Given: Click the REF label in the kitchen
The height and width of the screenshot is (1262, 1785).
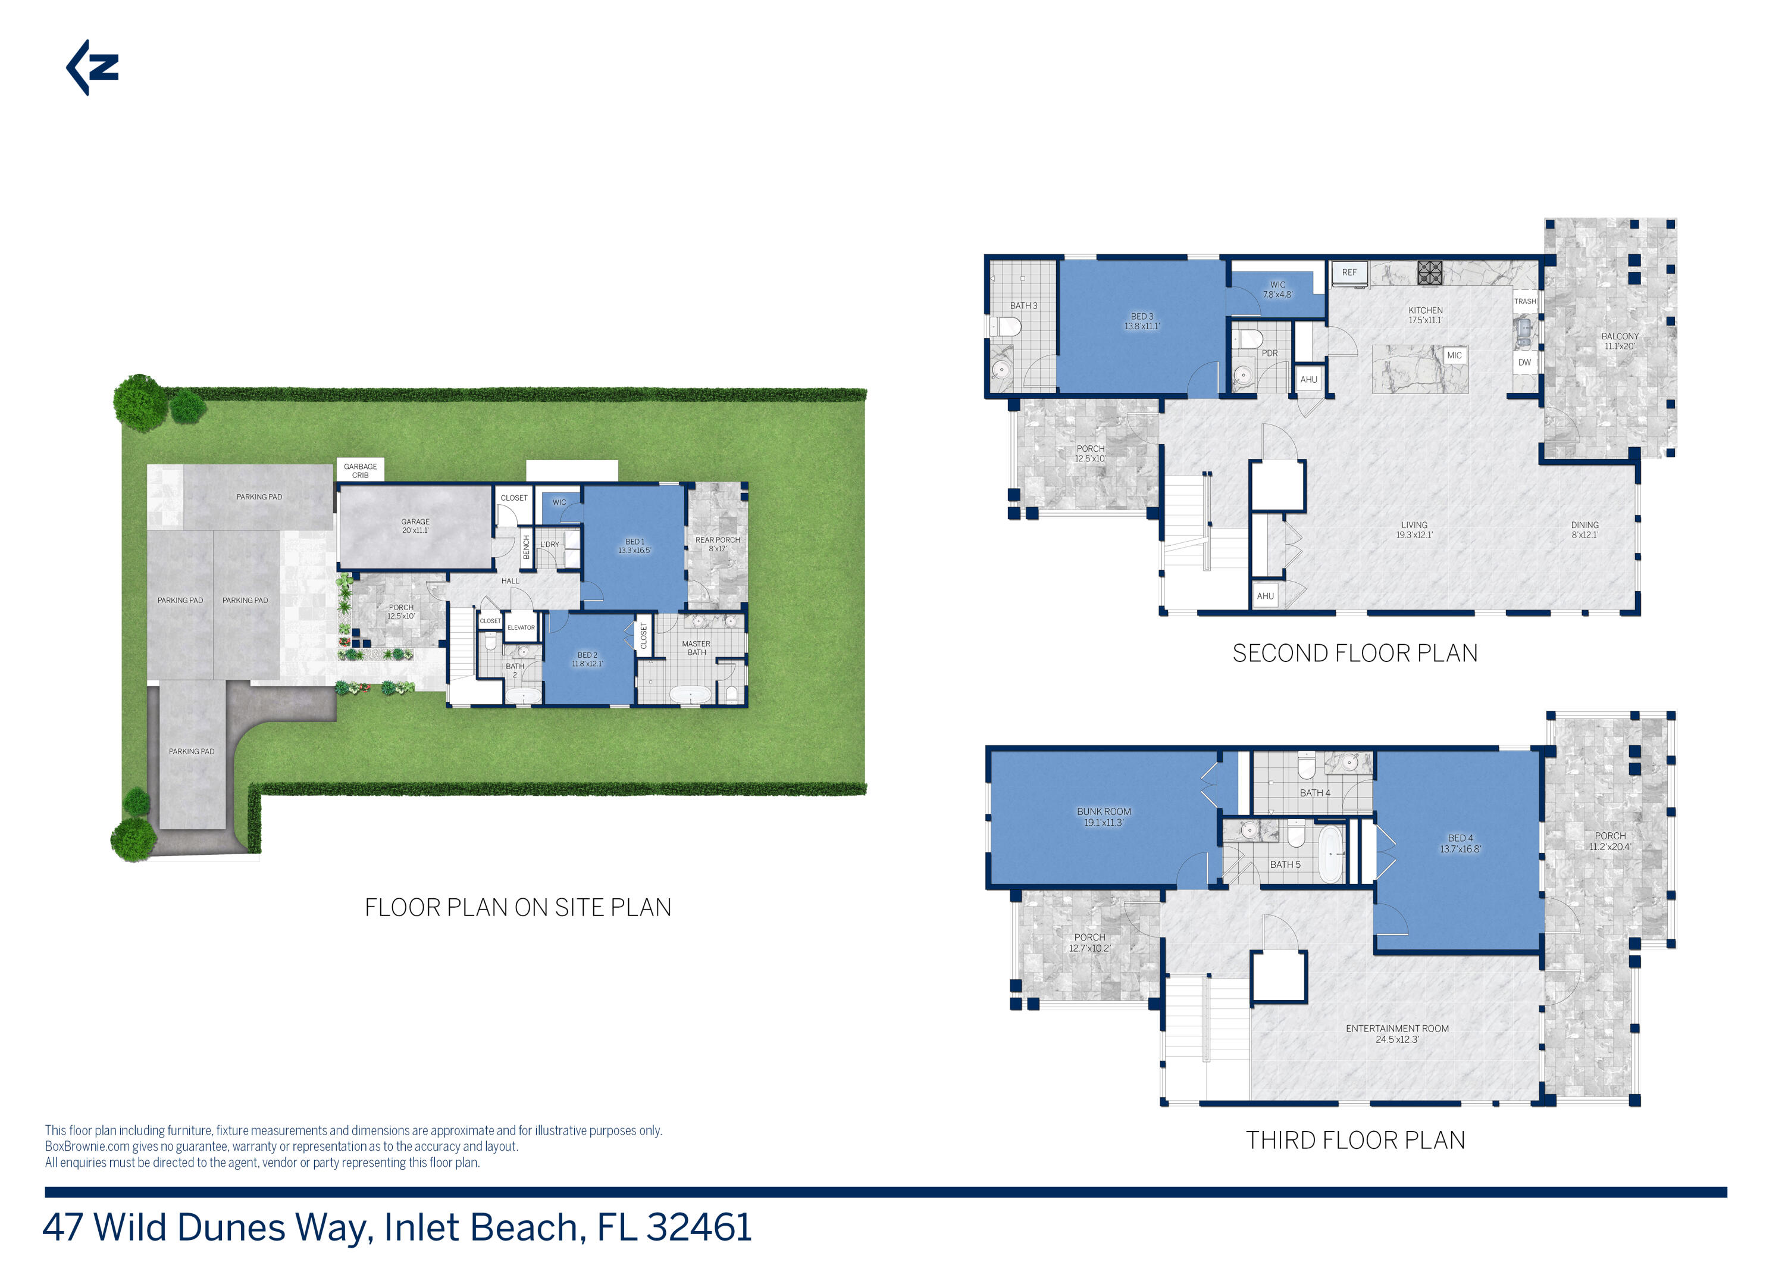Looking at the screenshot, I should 1349,273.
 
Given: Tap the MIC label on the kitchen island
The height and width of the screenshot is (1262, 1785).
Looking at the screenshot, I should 1454,355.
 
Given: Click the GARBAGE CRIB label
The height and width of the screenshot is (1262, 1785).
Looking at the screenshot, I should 360,470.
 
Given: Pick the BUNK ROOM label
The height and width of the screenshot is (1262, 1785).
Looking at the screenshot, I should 1103,817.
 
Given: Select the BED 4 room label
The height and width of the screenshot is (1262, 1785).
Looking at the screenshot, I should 1460,844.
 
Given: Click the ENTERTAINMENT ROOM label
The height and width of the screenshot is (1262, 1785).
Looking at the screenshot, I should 1397,1033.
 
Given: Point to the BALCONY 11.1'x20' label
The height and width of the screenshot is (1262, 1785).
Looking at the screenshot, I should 1620,341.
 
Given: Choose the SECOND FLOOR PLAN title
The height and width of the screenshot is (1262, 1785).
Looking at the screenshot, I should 1354,653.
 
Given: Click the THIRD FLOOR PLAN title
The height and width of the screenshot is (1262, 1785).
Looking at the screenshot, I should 1355,1140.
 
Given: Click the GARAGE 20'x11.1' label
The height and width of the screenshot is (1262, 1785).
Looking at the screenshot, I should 415,526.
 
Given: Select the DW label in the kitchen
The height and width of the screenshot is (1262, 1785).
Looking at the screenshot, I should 1524,363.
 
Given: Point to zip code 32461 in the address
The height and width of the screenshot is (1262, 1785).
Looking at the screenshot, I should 699,1228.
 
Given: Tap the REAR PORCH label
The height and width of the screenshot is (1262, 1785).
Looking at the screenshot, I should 717,544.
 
